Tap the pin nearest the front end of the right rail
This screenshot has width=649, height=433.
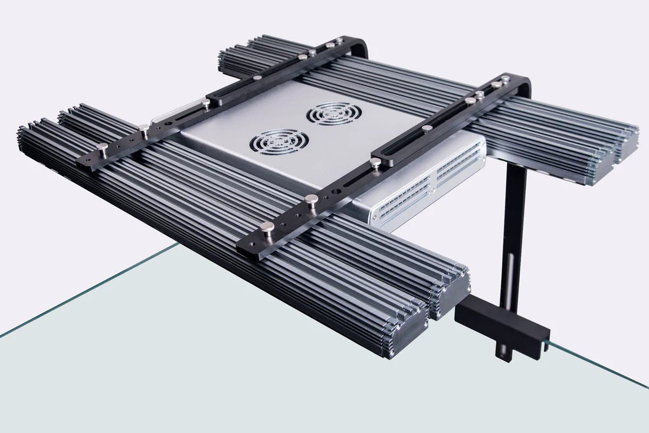[x=267, y=227]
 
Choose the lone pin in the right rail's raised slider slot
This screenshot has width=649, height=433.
[x=427, y=129]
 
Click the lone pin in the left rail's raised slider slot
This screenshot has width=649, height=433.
[x=258, y=77]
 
